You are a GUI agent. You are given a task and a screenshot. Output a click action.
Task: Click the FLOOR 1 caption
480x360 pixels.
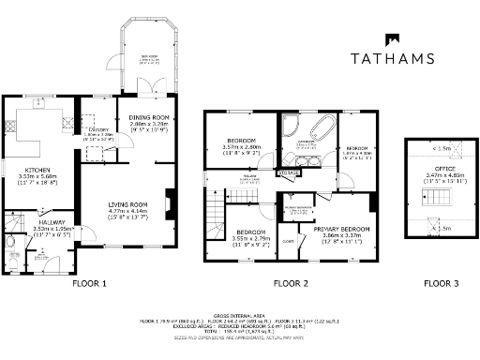pyautogui.click(x=90, y=282)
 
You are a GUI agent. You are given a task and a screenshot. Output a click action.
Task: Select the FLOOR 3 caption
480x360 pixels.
pyautogui.click(x=440, y=282)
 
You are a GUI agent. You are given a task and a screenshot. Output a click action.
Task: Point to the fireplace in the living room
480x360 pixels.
pyautogui.click(x=169, y=201)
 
